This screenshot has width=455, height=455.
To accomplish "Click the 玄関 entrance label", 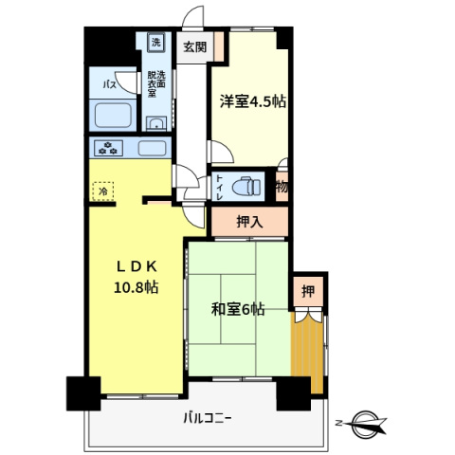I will point(194,46).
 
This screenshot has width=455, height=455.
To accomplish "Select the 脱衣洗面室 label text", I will point(155,84).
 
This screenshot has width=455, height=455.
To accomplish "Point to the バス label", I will point(110,85).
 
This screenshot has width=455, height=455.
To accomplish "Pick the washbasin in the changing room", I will point(156,122).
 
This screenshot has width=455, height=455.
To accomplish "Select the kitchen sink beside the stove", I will point(153,148).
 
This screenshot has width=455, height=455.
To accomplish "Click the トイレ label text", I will point(219,184).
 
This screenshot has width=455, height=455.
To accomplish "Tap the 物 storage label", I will point(282,187).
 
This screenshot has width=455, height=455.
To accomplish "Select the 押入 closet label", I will point(248,223).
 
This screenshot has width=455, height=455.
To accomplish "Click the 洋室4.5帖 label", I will point(253,101).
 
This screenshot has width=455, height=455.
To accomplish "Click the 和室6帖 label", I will point(237,310).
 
